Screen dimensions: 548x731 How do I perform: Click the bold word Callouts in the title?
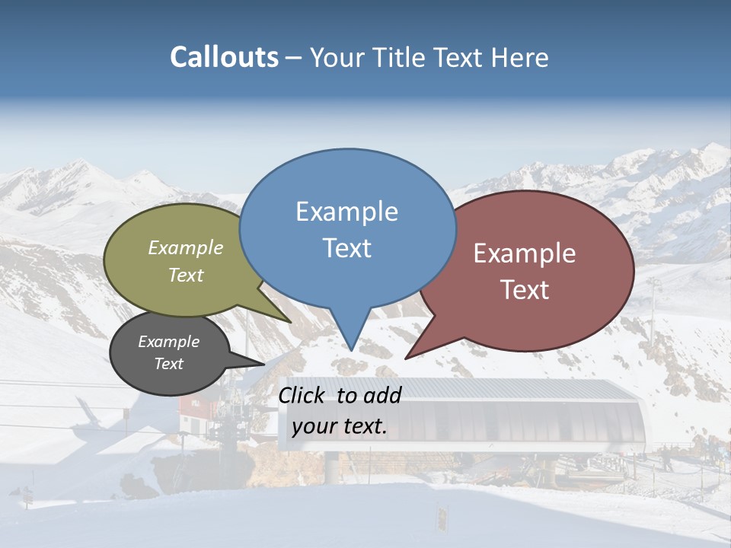click(x=224, y=57)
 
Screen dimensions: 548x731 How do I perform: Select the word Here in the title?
click(x=518, y=57)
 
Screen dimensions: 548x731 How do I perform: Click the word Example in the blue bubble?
click(x=346, y=212)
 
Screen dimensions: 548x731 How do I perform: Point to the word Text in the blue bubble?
click(x=346, y=248)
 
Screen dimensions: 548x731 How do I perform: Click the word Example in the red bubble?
click(x=525, y=253)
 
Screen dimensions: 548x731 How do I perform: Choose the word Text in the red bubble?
click(x=525, y=290)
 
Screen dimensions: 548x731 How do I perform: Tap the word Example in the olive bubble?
click(x=185, y=247)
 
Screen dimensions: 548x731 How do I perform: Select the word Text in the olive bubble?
click(x=185, y=275)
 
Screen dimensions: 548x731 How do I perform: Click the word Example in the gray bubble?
click(x=168, y=342)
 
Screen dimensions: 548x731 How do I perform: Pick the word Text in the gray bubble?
click(x=168, y=364)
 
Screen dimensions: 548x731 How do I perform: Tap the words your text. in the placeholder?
click(x=339, y=426)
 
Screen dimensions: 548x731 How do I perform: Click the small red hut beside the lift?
click(x=195, y=408)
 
